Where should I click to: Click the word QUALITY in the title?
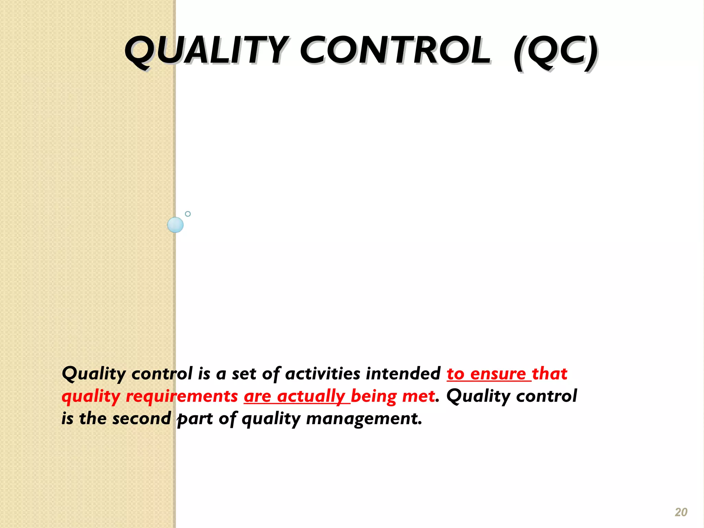pos(206,52)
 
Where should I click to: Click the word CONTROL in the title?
pos(395,52)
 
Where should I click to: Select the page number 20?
pos(681,512)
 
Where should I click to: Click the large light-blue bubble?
pos(175,225)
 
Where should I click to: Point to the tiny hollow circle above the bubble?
pos(188,214)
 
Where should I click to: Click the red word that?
pos(549,374)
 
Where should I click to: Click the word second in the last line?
pos(142,419)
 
